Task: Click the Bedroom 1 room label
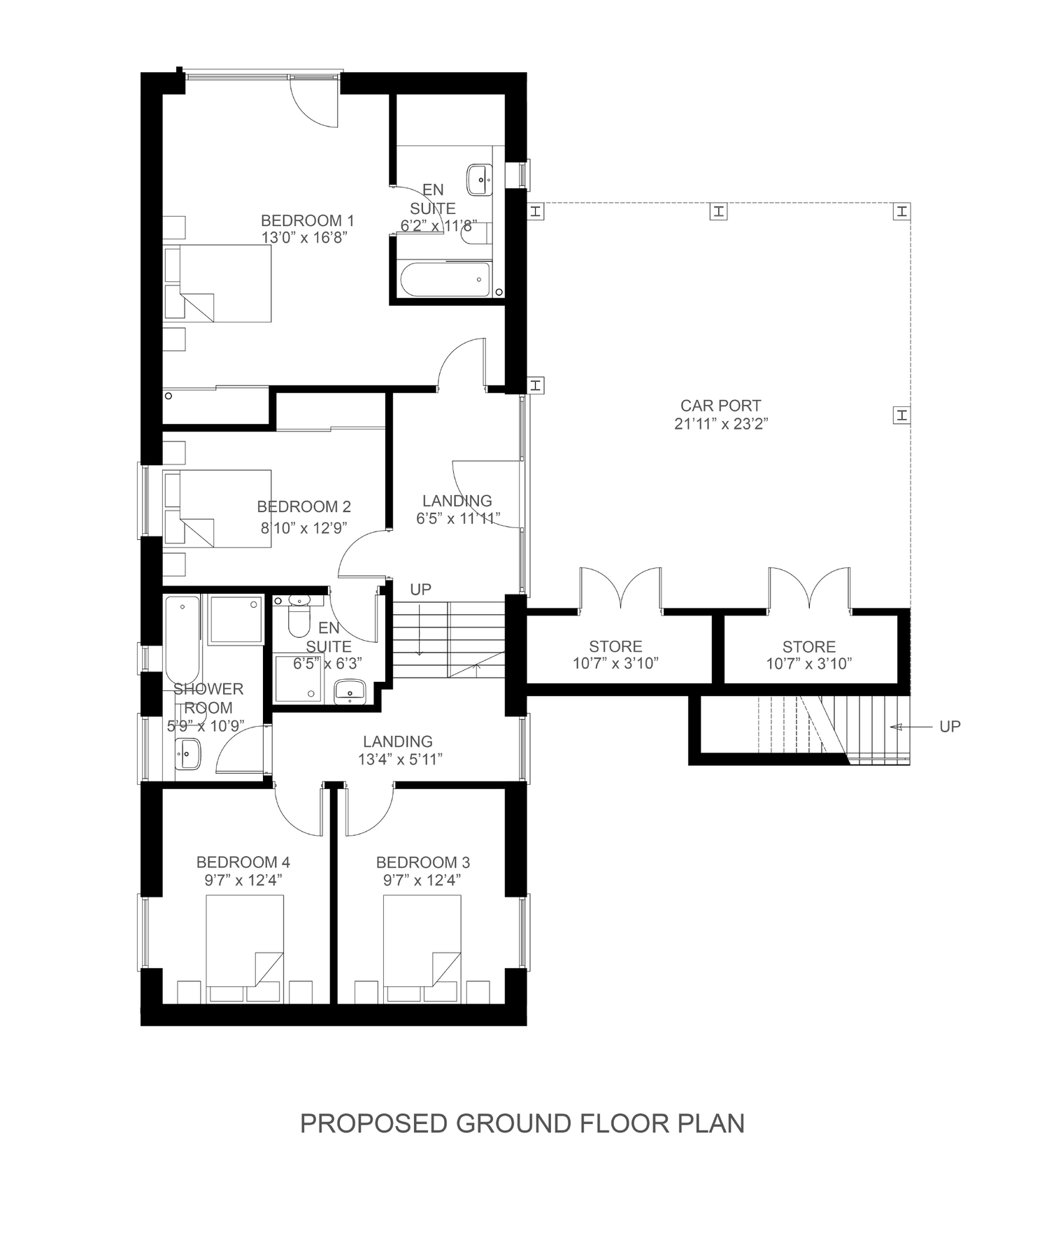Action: pyautogui.click(x=307, y=220)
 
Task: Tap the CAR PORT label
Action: pyautogui.click(x=720, y=406)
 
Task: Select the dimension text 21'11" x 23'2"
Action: pyautogui.click(x=722, y=424)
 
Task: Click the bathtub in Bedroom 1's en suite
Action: pyautogui.click(x=445, y=280)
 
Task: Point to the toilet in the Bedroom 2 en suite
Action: pyautogui.click(x=300, y=617)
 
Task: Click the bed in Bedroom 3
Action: pyautogui.click(x=422, y=941)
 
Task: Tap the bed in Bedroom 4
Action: pyautogui.click(x=245, y=941)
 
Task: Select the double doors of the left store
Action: pyautogui.click(x=620, y=591)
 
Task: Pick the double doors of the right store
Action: pyautogui.click(x=810, y=591)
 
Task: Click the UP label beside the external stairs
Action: pyautogui.click(x=950, y=727)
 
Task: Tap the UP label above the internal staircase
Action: pyautogui.click(x=420, y=590)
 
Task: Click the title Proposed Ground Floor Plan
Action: pyautogui.click(x=522, y=1123)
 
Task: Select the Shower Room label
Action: pyautogui.click(x=208, y=698)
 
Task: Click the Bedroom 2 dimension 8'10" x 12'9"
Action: pyautogui.click(x=304, y=527)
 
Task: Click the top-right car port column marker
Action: pyautogui.click(x=902, y=211)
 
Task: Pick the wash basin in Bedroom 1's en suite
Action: pyautogui.click(x=480, y=177)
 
